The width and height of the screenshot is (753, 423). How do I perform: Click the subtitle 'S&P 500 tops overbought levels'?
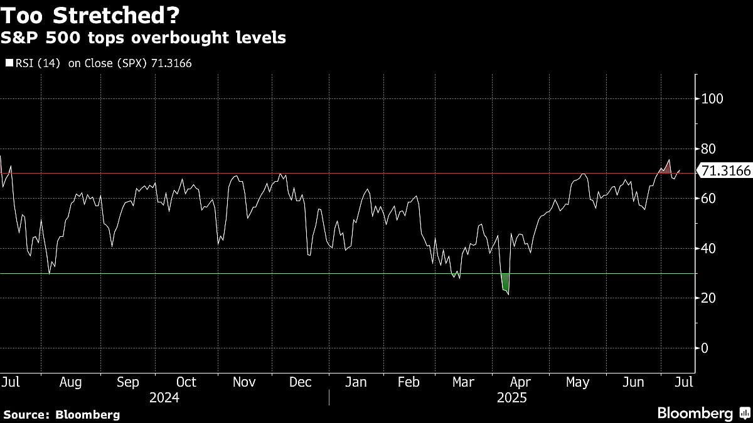[144, 38]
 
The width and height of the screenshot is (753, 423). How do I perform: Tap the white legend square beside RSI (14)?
[9, 63]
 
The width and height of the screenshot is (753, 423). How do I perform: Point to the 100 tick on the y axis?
[712, 99]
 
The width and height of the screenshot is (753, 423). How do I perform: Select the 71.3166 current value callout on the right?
[725, 171]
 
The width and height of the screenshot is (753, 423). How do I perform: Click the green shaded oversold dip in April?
[505, 283]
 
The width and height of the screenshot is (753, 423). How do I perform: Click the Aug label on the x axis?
[70, 382]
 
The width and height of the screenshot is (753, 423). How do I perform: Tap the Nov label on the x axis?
[243, 382]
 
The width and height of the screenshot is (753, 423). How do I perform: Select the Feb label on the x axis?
[409, 382]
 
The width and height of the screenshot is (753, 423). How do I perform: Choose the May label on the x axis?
[577, 382]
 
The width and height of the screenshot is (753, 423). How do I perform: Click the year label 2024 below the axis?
[164, 398]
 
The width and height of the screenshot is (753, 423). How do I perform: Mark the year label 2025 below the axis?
[511, 398]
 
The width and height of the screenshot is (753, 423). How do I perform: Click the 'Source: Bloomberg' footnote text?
[61, 414]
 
